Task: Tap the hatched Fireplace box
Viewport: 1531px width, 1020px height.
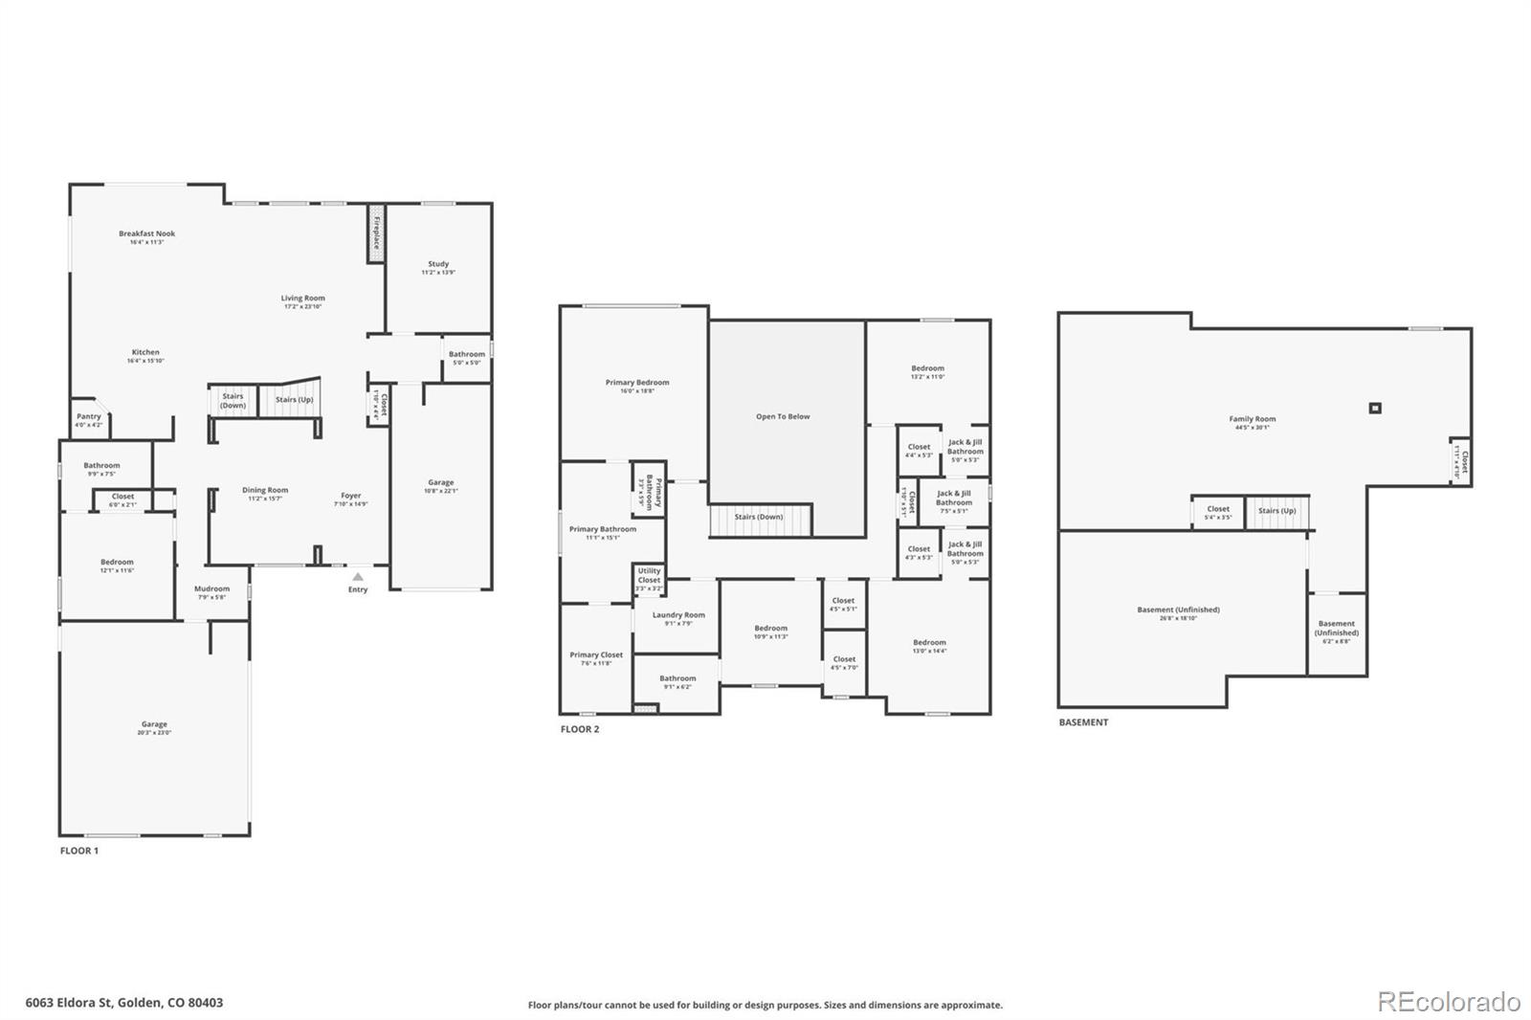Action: point(377,233)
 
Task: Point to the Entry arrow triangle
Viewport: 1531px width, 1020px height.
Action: point(357,577)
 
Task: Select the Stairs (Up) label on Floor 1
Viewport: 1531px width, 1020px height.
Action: point(294,400)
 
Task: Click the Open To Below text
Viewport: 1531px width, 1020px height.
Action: point(783,416)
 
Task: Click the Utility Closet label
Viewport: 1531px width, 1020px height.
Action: point(649,575)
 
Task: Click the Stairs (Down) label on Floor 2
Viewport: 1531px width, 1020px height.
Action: point(759,517)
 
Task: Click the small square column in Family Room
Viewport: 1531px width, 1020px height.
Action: point(1375,408)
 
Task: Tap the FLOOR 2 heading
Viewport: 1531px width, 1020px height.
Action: point(580,729)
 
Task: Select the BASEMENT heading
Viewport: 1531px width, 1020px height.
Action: point(1083,722)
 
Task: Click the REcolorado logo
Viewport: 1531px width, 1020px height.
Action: point(1448,1002)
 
